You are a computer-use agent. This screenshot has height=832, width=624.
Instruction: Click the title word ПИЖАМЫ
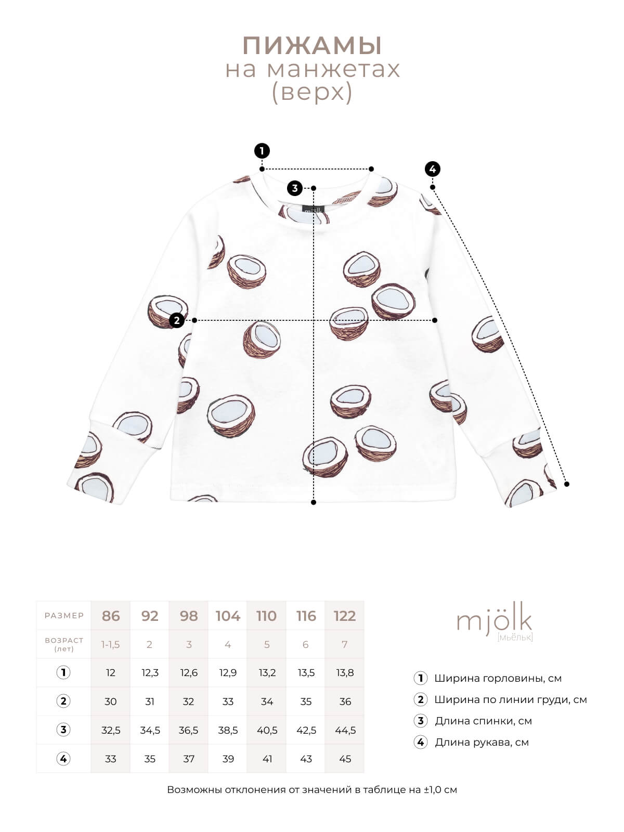tap(312, 45)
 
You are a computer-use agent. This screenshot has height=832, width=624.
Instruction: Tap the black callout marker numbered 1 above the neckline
tap(262, 151)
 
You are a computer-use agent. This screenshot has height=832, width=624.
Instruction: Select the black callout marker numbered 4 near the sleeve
tap(433, 169)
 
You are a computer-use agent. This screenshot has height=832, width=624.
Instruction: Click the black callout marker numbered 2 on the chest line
tap(177, 321)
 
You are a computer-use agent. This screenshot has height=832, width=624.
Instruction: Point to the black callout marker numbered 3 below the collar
tap(295, 188)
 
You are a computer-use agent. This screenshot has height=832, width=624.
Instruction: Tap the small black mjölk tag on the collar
tap(314, 210)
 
